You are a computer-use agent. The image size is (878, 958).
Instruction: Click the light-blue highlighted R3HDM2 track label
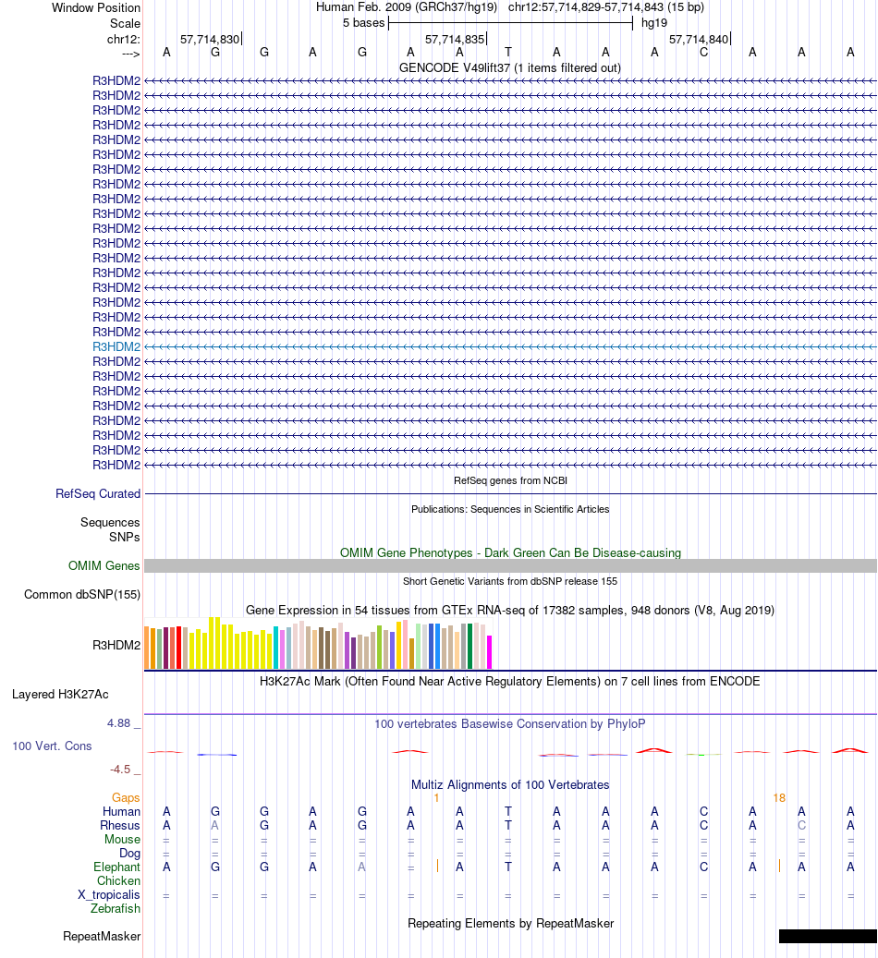click(116, 346)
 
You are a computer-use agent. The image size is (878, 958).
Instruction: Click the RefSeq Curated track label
click(98, 494)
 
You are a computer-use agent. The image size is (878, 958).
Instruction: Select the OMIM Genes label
click(104, 566)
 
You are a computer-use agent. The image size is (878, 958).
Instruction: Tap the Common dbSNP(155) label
click(82, 595)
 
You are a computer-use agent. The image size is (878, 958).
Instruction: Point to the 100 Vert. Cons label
click(52, 746)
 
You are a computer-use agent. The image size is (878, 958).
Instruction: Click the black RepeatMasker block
click(827, 937)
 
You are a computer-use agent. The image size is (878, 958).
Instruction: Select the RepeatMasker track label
click(102, 937)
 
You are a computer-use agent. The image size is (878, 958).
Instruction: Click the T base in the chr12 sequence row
click(508, 52)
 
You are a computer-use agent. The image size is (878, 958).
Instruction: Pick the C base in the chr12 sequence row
click(703, 52)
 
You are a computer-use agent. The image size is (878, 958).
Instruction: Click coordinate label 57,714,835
click(454, 40)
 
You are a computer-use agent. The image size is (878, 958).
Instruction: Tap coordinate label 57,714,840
click(699, 40)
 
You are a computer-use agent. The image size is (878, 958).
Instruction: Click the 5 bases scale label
click(361, 23)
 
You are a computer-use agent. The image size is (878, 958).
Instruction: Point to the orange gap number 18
click(779, 797)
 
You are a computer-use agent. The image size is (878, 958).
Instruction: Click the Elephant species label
click(116, 867)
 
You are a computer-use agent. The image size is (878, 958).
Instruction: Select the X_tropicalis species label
click(109, 895)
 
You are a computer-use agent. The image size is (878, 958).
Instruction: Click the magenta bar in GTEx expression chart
click(490, 651)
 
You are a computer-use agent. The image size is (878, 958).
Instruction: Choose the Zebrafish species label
click(116, 909)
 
